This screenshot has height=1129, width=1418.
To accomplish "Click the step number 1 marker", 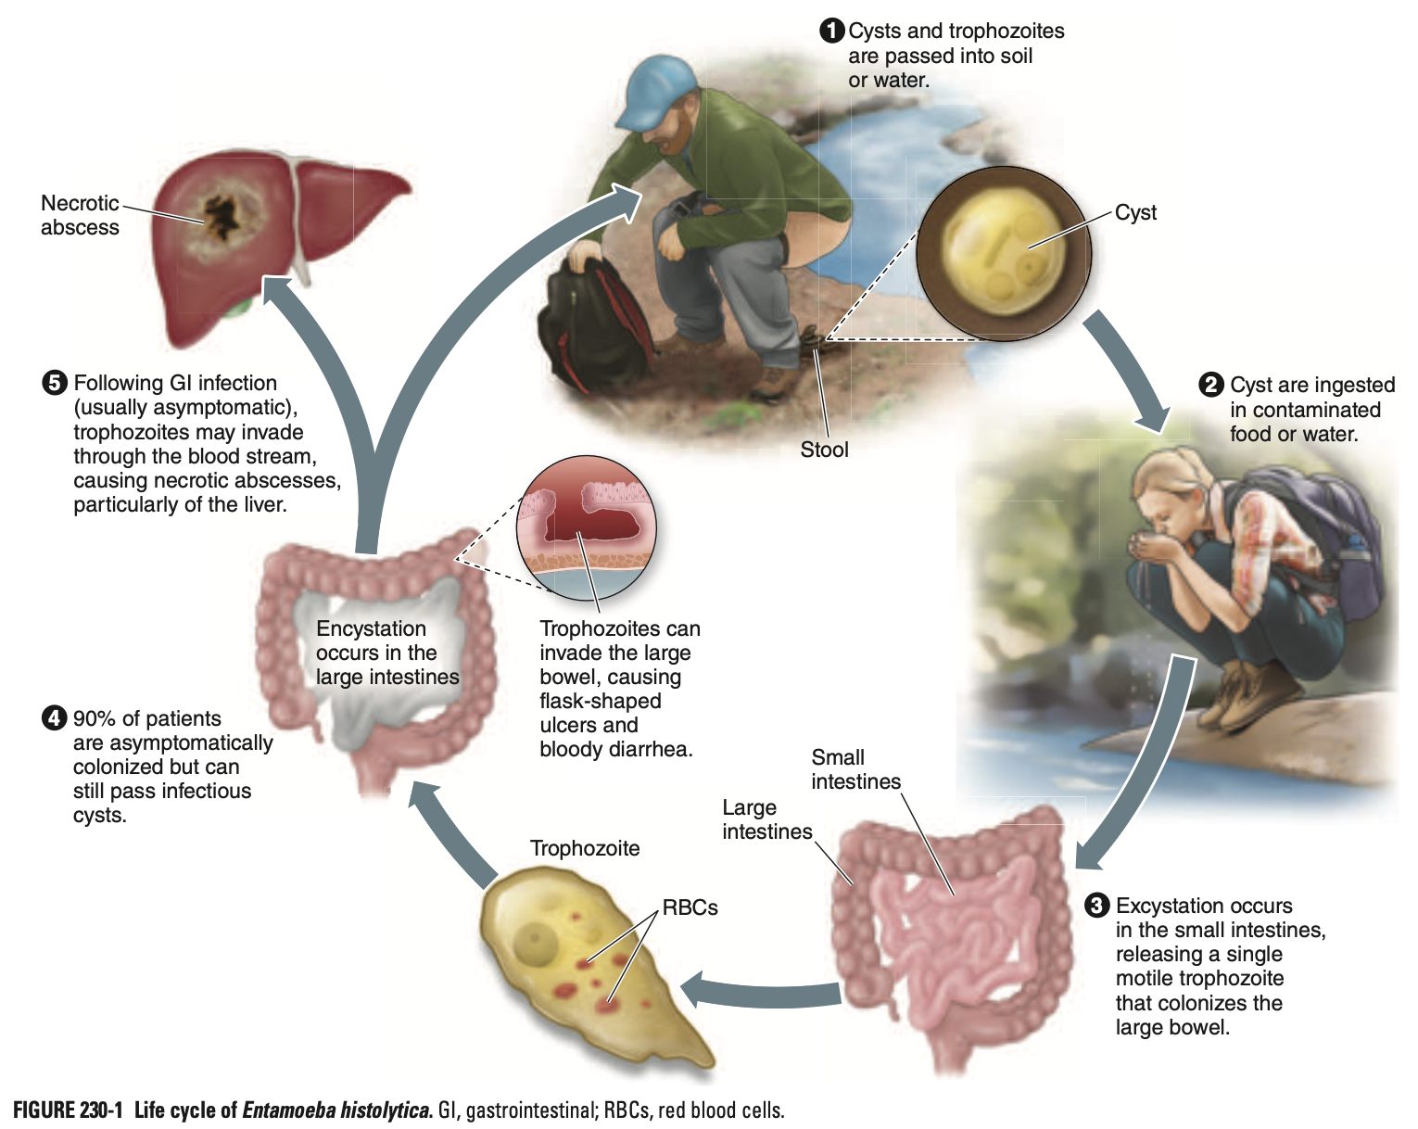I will pyautogui.click(x=832, y=31).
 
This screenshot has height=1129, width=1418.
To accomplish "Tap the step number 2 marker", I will pyautogui.click(x=1211, y=385).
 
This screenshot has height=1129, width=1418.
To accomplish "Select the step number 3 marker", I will pyautogui.click(x=1097, y=906).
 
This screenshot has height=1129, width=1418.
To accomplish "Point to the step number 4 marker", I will pyautogui.click(x=55, y=718).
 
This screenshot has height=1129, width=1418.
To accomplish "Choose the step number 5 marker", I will pyautogui.click(x=55, y=383).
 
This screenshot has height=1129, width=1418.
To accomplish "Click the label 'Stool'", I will pyautogui.click(x=824, y=450).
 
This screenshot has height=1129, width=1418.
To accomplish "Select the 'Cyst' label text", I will pyautogui.click(x=1135, y=212).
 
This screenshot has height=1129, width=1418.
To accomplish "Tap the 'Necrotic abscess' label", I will pyautogui.click(x=80, y=215).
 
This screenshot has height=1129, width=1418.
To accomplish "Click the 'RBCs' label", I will pyautogui.click(x=690, y=907).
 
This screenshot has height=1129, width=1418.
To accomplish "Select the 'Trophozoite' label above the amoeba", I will pyautogui.click(x=585, y=848).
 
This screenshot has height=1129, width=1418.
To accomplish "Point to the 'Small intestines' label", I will pyautogui.click(x=855, y=769).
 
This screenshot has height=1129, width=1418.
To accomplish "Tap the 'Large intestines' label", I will pyautogui.click(x=766, y=819).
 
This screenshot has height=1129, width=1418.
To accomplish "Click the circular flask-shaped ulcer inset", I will pyautogui.click(x=587, y=524).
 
